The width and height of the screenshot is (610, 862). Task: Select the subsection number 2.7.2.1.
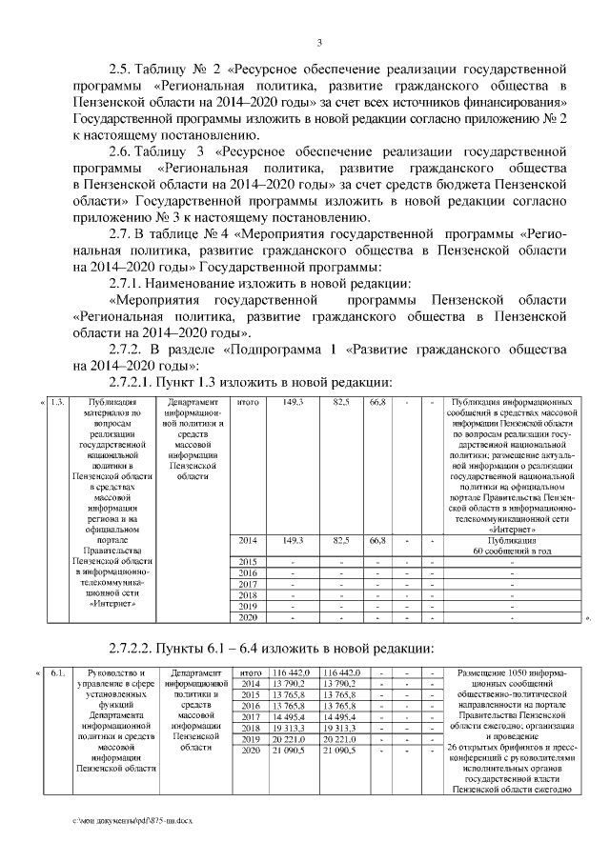click(134, 382)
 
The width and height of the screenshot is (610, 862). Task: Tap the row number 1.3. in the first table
click(56, 403)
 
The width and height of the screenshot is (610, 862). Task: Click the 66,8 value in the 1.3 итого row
click(376, 403)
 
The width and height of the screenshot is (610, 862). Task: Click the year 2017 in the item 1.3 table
click(248, 583)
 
